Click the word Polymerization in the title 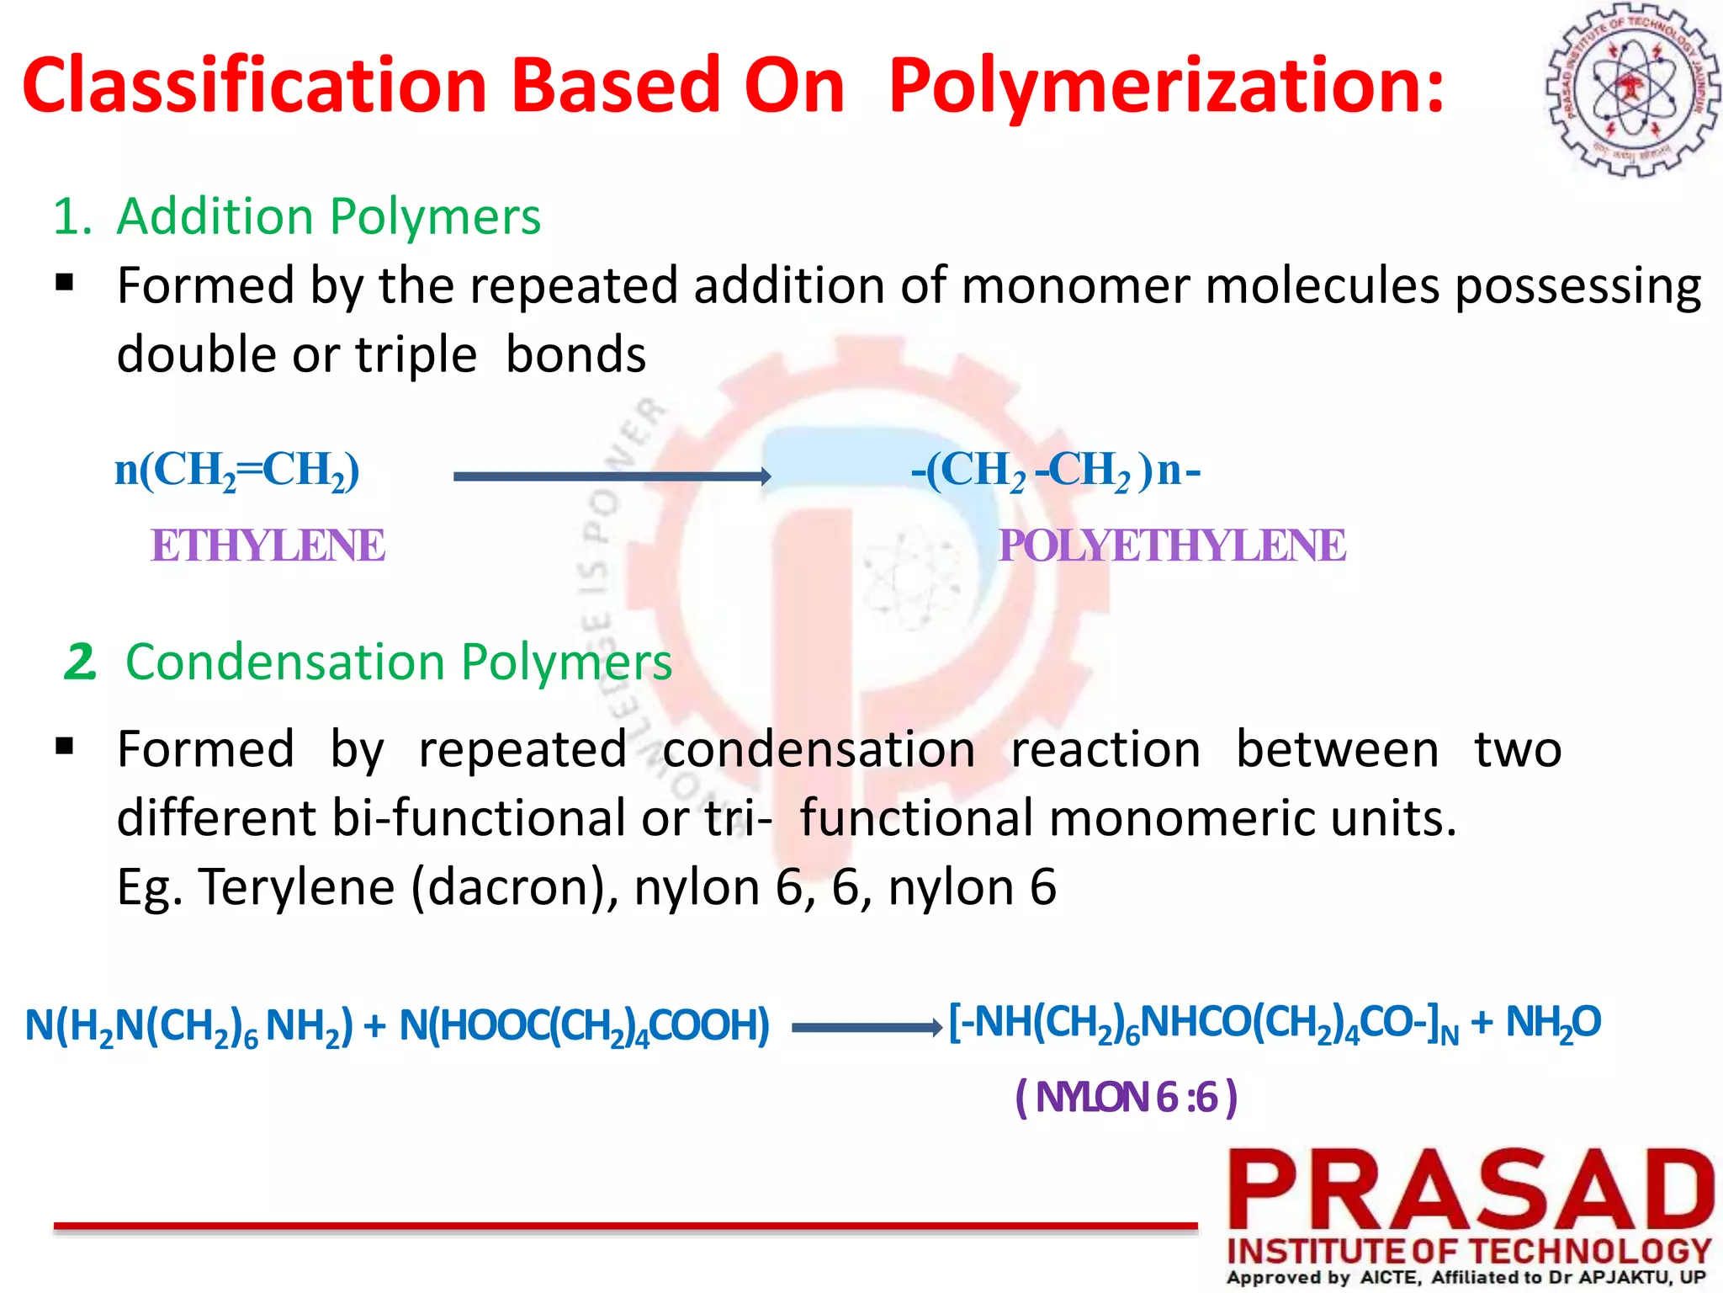click(x=1166, y=86)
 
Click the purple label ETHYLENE click(x=268, y=545)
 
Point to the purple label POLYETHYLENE click(x=1172, y=545)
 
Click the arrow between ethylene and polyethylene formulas click(x=612, y=476)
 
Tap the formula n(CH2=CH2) click(x=237, y=471)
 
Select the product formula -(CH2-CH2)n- click(x=1056, y=471)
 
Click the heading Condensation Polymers click(x=398, y=662)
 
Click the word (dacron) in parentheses click(x=514, y=887)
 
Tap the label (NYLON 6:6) click(x=1127, y=1097)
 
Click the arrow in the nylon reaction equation click(x=866, y=1027)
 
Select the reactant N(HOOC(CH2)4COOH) click(x=584, y=1026)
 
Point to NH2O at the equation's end click(x=1552, y=1024)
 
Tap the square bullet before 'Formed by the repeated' click(x=65, y=282)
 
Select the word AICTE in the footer click(x=1390, y=1278)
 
